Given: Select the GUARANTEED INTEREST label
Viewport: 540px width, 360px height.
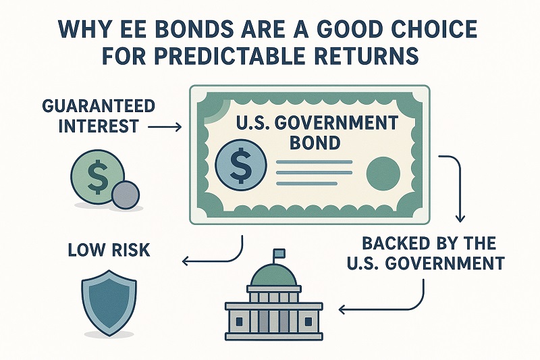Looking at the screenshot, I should pos(97,116).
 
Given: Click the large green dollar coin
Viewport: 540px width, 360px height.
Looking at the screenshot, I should pos(96,176).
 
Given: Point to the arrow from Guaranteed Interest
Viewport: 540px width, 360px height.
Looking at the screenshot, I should pos(162,126).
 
